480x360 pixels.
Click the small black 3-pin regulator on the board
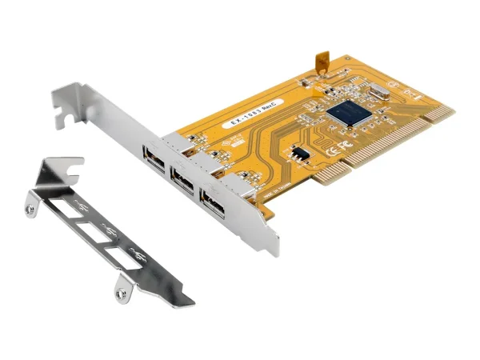click(x=299, y=152)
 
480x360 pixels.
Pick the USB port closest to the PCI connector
click(x=213, y=207)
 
